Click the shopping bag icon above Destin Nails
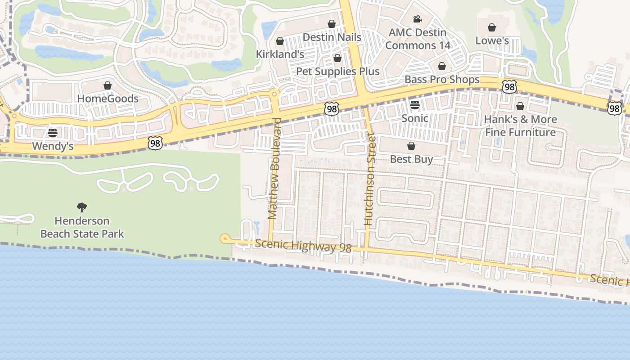[332, 24]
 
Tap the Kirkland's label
[280, 54]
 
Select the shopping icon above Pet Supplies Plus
[337, 58]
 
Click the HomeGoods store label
[108, 99]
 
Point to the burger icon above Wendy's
[53, 133]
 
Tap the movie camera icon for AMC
[417, 19]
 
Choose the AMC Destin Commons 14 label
[418, 39]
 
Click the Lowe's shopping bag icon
[492, 28]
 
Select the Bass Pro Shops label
[442, 80]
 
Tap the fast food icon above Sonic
[415, 105]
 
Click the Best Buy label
[411, 159]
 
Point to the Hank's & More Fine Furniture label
[521, 126]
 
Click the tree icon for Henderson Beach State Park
[82, 207]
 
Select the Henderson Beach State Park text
[82, 227]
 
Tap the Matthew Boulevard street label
[274, 169]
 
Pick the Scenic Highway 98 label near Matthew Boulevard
[303, 246]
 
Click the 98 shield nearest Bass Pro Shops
[509, 87]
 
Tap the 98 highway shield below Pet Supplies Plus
[331, 108]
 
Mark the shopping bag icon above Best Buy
[411, 146]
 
